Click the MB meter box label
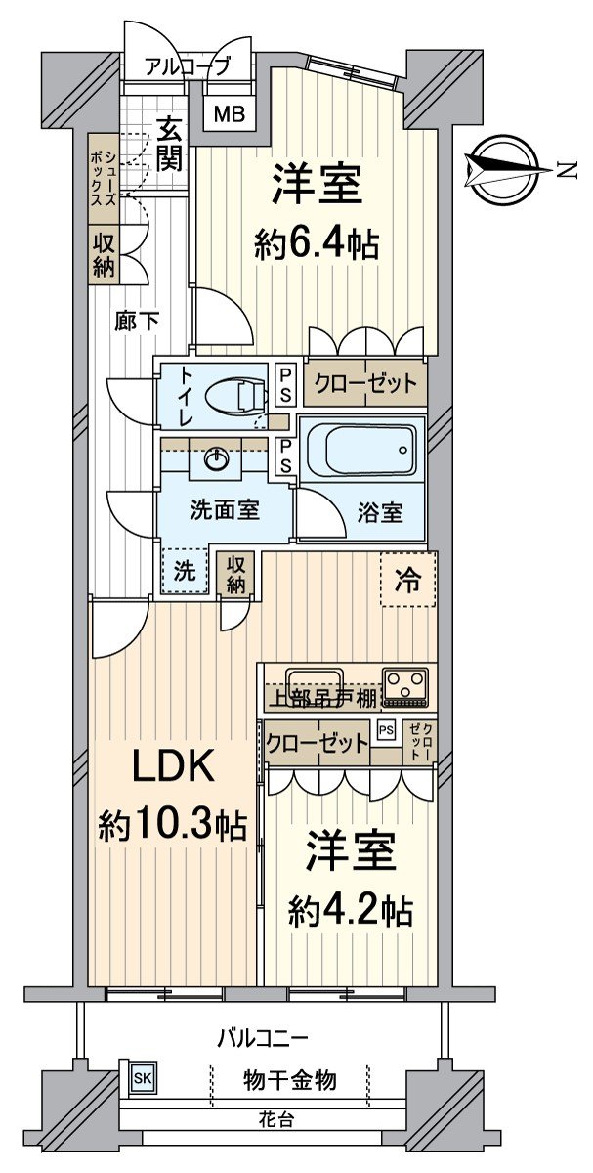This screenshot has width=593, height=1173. point(231,113)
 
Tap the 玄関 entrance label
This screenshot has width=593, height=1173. point(170,144)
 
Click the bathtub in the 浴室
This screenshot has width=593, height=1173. point(361,452)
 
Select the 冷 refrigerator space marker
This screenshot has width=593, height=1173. point(408,581)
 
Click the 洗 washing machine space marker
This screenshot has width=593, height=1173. point(184,573)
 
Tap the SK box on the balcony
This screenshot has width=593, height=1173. point(143,1077)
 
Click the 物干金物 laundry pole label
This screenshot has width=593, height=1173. point(289,1079)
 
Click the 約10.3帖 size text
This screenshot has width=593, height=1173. point(171,826)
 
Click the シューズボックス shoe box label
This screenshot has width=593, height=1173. point(102,180)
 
